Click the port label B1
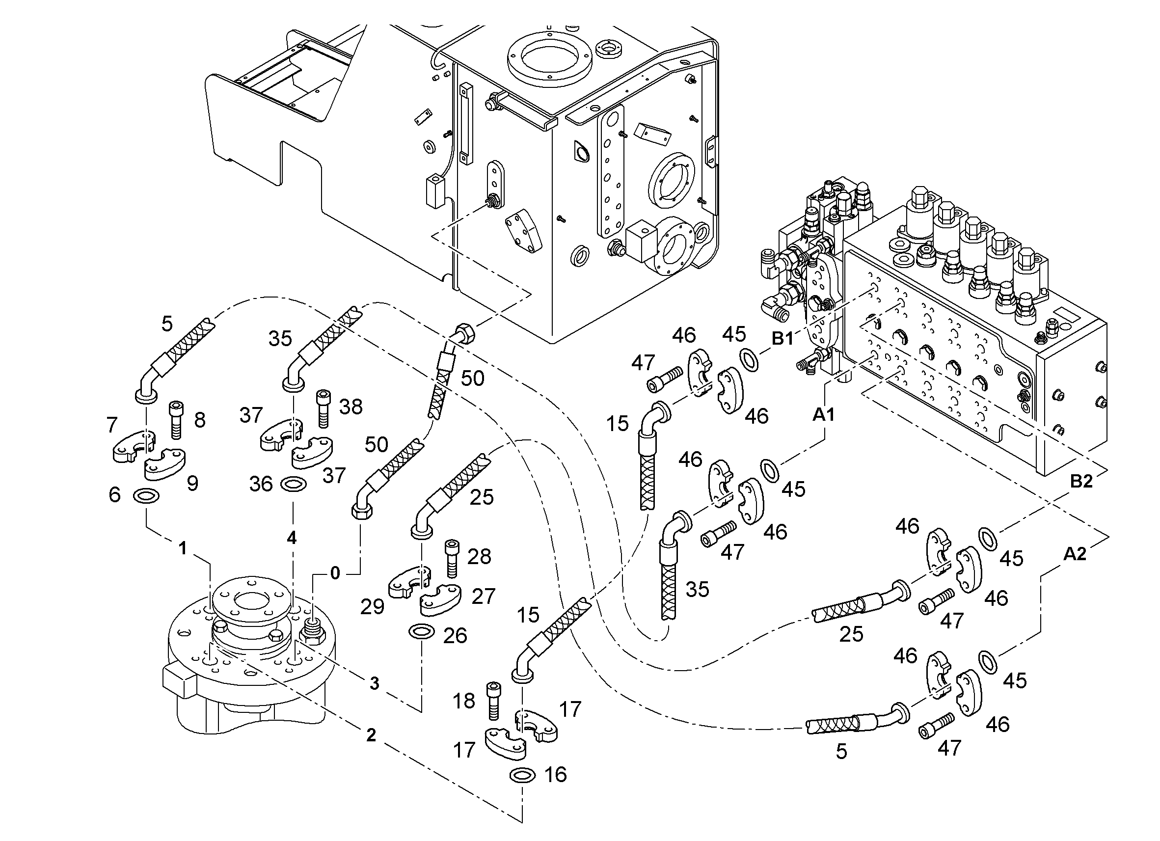pyautogui.click(x=782, y=338)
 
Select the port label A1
pyautogui.click(x=824, y=415)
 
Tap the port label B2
pyautogui.click(x=1081, y=481)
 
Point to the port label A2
pyautogui.click(x=1075, y=553)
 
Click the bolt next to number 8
pyautogui.click(x=175, y=419)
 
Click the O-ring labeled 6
pyautogui.click(x=146, y=496)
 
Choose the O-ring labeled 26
pyautogui.click(x=422, y=631)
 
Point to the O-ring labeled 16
pyautogui.click(x=523, y=775)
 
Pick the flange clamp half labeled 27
pyautogui.click(x=440, y=600)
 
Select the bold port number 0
pyautogui.click(x=335, y=573)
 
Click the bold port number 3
pyautogui.click(x=375, y=683)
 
